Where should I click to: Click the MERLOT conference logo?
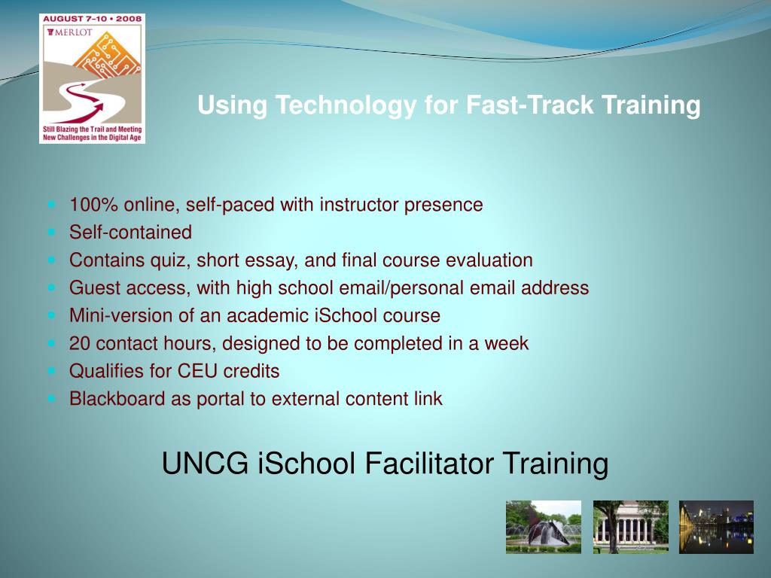(x=92, y=78)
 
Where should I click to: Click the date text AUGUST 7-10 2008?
(x=92, y=20)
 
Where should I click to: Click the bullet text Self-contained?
(x=130, y=233)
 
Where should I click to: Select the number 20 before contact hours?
(x=80, y=344)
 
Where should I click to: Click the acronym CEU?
(x=197, y=372)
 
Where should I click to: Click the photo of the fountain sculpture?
(x=543, y=527)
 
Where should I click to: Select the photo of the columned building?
(x=630, y=527)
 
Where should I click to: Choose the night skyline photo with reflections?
(x=716, y=527)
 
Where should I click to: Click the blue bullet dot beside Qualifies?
(x=52, y=371)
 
